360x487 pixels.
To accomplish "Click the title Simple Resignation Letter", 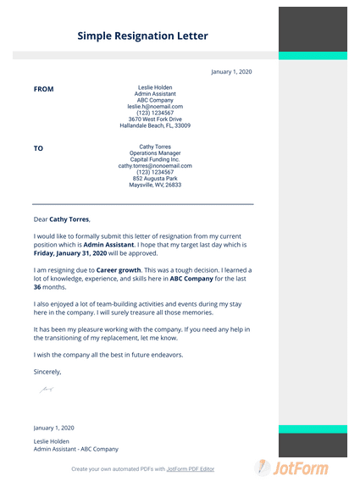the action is click(142, 36).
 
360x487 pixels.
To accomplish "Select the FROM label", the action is click(43, 89).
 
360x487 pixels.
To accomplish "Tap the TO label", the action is click(38, 148).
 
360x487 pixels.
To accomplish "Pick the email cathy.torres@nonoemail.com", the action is click(155, 166).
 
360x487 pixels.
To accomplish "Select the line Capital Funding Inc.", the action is click(155, 159).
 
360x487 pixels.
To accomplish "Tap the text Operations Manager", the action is click(155, 153).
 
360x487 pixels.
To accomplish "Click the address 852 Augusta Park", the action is click(155, 179).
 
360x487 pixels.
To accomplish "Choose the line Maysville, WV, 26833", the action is click(155, 185).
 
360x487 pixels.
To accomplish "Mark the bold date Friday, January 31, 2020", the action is click(70, 252).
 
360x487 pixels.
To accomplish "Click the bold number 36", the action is click(38, 287).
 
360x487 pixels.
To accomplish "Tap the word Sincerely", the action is click(47, 371).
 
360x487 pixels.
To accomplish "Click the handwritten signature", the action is click(46, 390).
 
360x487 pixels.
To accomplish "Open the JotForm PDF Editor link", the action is click(191, 468).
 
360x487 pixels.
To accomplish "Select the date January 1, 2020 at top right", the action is click(231, 73).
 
